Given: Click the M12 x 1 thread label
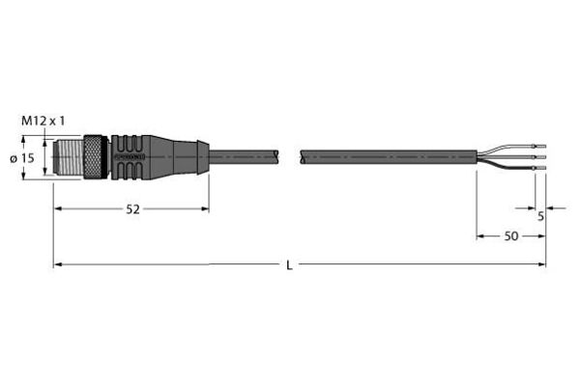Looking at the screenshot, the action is tap(43, 121).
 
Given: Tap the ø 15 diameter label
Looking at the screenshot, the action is tap(22, 158).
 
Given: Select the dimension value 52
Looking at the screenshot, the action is tap(133, 209).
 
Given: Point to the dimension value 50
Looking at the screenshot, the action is tap(511, 236).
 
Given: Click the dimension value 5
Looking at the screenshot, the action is tap(540, 216).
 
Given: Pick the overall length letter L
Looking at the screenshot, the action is tap(289, 265).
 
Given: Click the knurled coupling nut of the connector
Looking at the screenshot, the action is tap(96, 157).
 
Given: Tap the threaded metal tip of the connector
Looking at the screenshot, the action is tap(69, 157).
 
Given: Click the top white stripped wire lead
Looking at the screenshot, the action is tap(510, 148).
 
